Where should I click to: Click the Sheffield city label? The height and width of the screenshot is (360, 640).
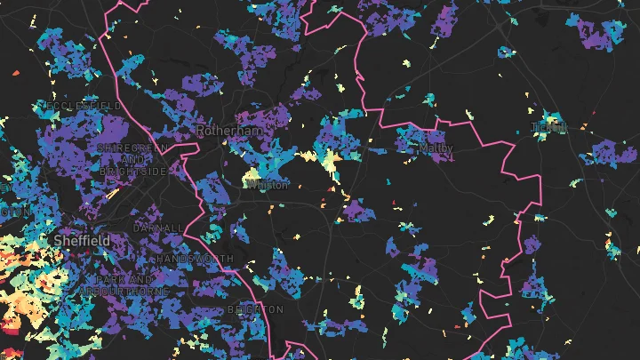pyautogui.click(x=81, y=241)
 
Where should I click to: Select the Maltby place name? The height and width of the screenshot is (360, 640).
pyautogui.click(x=436, y=148)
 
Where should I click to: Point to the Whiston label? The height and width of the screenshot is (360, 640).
pyautogui.click(x=267, y=186)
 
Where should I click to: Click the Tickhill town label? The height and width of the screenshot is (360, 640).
pyautogui.click(x=548, y=127)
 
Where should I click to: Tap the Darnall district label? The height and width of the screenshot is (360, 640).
pyautogui.click(x=157, y=228)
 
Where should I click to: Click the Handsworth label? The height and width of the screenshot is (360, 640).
pyautogui.click(x=196, y=259)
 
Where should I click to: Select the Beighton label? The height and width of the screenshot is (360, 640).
pyautogui.click(x=255, y=309)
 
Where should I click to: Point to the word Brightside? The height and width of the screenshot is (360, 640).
pyautogui.click(x=133, y=171)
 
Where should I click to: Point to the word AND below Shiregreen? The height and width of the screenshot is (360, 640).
pyautogui.click(x=133, y=159)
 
